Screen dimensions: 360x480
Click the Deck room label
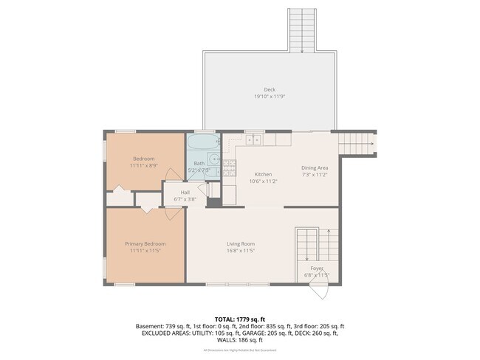coord(270,89)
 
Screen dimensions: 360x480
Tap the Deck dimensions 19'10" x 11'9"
coord(270,97)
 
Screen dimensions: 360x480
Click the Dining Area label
coord(315,167)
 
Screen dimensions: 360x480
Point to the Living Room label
coord(240,243)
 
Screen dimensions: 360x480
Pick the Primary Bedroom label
coord(144,243)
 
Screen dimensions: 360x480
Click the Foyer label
coord(317,268)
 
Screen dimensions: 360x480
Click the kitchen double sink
coord(254,139)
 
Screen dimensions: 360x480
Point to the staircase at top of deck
coord(301,31)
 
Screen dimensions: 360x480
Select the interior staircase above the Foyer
coord(310,244)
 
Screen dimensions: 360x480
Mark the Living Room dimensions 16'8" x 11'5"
coord(240,251)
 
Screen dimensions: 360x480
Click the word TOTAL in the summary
coord(227,318)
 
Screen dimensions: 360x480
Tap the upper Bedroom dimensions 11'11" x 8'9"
coord(144,166)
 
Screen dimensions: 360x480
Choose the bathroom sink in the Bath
coord(212,158)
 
